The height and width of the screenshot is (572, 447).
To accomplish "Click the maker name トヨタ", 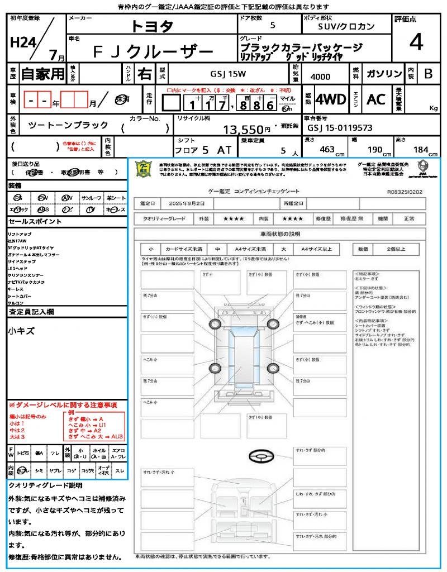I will (x=152, y=26).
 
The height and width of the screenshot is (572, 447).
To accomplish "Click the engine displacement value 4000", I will (x=320, y=77).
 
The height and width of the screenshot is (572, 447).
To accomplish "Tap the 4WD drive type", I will (x=330, y=99).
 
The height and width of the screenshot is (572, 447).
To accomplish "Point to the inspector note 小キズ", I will (x=21, y=331).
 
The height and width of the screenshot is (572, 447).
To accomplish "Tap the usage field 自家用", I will (x=43, y=74).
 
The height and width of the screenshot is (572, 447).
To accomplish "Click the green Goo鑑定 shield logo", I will (x=144, y=168).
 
